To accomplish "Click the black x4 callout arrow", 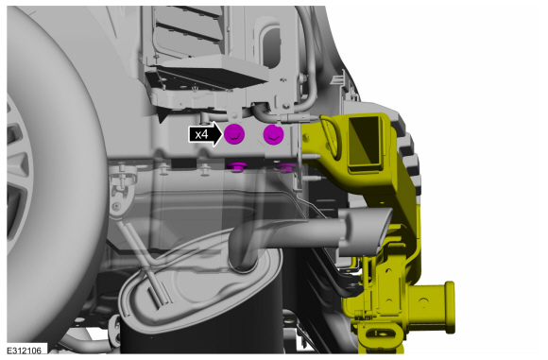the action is [206, 134].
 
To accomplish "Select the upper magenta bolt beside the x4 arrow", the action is [234, 134].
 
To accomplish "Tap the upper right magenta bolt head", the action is [274, 134].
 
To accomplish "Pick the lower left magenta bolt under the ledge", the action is [237, 167].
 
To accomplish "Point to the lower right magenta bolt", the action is [286, 167].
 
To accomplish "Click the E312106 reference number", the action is [25, 350].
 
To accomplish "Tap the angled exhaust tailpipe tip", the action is [366, 231].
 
